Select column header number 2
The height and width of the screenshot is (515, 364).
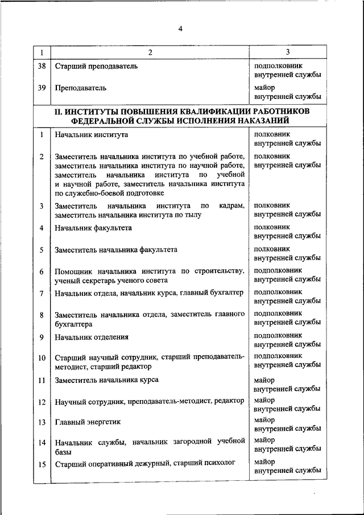click(150, 52)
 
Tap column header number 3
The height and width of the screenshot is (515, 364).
click(287, 52)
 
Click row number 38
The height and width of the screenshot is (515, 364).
click(42, 66)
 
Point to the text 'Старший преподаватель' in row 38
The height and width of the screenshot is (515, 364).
click(96, 66)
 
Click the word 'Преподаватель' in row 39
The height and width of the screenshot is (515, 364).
click(80, 88)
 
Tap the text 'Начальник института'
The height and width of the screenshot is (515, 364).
click(91, 135)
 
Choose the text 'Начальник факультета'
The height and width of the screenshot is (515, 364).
click(93, 228)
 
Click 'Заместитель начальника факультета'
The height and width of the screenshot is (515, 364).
click(116, 249)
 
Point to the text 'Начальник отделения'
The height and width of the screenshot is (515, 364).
click(92, 337)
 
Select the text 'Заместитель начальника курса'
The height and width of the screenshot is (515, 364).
click(106, 380)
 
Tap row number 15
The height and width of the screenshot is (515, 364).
click(42, 464)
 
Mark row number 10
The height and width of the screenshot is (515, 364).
click(42, 358)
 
